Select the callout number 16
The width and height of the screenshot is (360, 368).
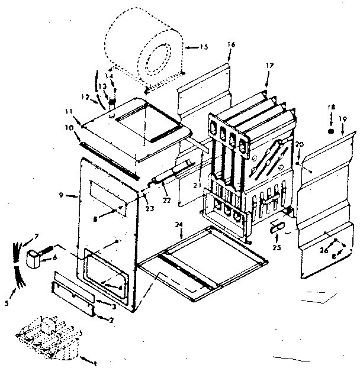pyautogui.click(x=231, y=44)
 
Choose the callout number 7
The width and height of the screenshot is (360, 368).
pyautogui.click(x=37, y=237)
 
